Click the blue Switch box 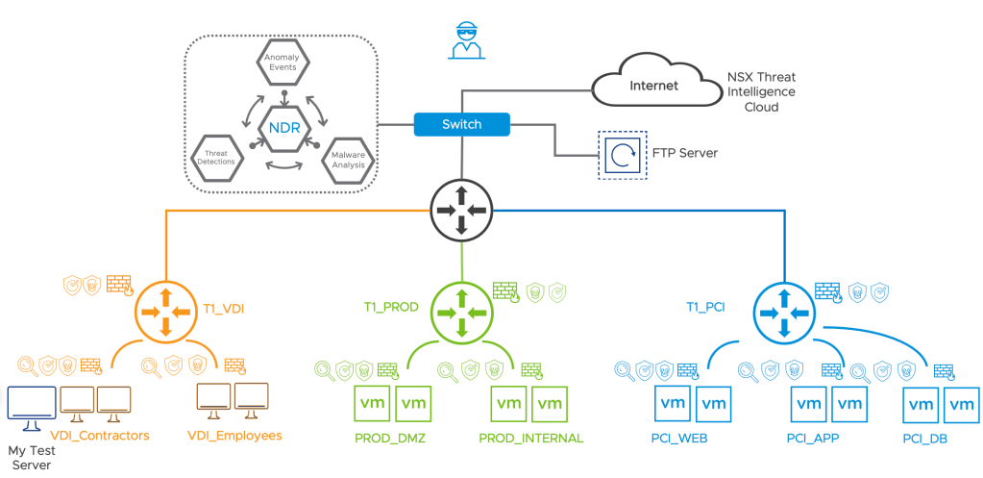pyautogui.click(x=461, y=124)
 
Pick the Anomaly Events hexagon pyautogui.click(x=283, y=67)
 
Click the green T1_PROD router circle pyautogui.click(x=459, y=311)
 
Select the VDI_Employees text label pyautogui.click(x=234, y=436)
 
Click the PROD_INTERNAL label pyautogui.click(x=530, y=439)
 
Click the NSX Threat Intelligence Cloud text pyautogui.click(x=762, y=92)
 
